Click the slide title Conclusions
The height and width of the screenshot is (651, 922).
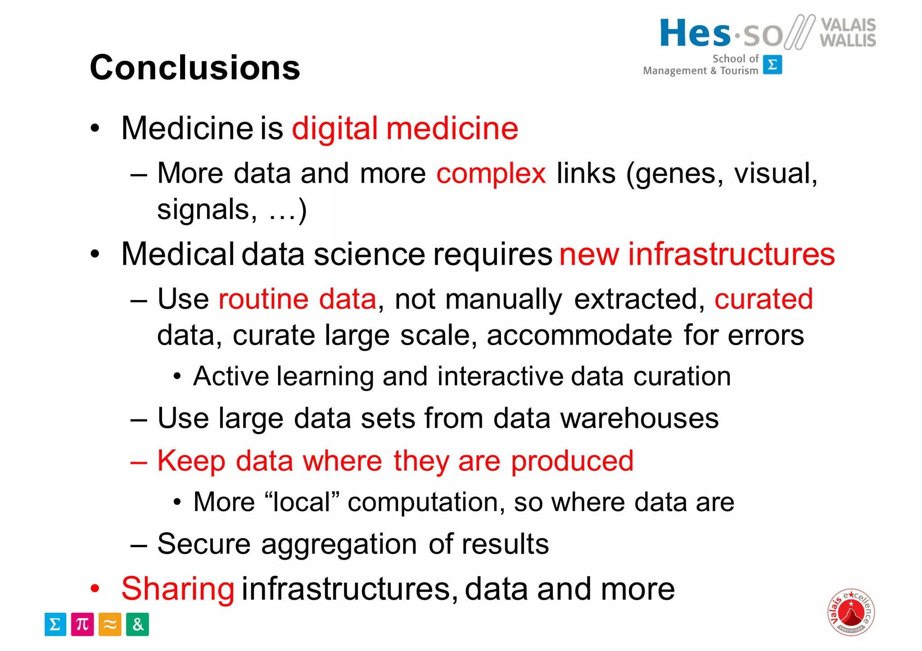(194, 67)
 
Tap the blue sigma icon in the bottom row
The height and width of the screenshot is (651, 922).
(55, 624)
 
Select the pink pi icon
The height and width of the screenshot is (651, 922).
(82, 624)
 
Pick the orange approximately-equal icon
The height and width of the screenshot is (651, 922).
(110, 624)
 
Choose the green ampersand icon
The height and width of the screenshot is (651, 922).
(137, 624)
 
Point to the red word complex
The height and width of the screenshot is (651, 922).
(491, 174)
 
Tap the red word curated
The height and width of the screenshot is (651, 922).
(764, 299)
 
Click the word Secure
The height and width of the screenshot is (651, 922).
(203, 544)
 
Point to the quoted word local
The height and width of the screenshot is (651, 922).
(302, 502)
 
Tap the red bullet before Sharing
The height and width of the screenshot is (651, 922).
(95, 588)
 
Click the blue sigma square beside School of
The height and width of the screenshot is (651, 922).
(773, 65)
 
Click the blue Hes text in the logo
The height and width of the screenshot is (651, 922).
(695, 33)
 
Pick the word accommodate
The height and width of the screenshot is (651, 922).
(579, 336)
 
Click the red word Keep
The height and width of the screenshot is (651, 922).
(191, 461)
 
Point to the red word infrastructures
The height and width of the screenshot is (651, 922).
(731, 255)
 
